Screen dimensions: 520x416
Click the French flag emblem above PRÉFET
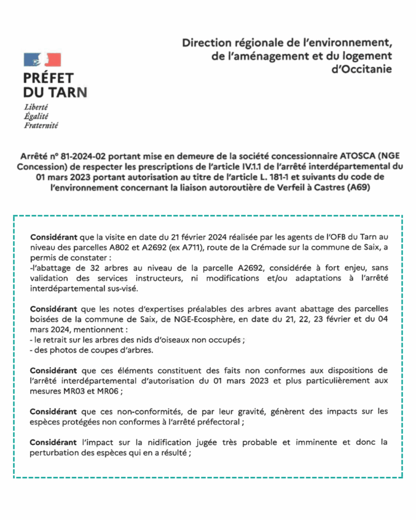tap(42, 60)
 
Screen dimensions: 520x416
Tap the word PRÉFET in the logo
tap(49, 78)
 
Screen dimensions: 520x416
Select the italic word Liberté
tap(36, 107)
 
